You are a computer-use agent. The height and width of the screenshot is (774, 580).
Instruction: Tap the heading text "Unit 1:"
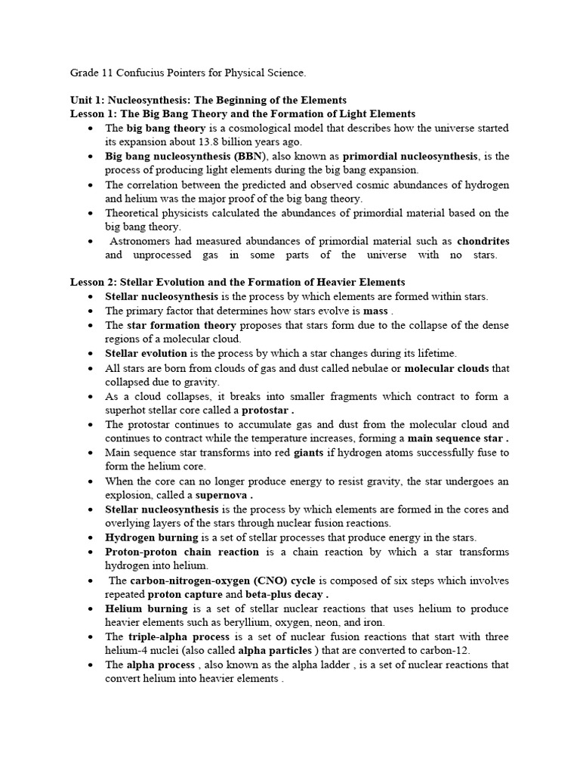pos(87,100)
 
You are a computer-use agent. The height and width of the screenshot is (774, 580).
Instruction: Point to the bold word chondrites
pos(483,241)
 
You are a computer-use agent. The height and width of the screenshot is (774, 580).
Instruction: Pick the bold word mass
pos(375,311)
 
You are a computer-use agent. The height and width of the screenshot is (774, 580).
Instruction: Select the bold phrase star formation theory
pos(181,325)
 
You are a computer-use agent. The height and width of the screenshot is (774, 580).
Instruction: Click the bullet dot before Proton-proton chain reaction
pos(91,552)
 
